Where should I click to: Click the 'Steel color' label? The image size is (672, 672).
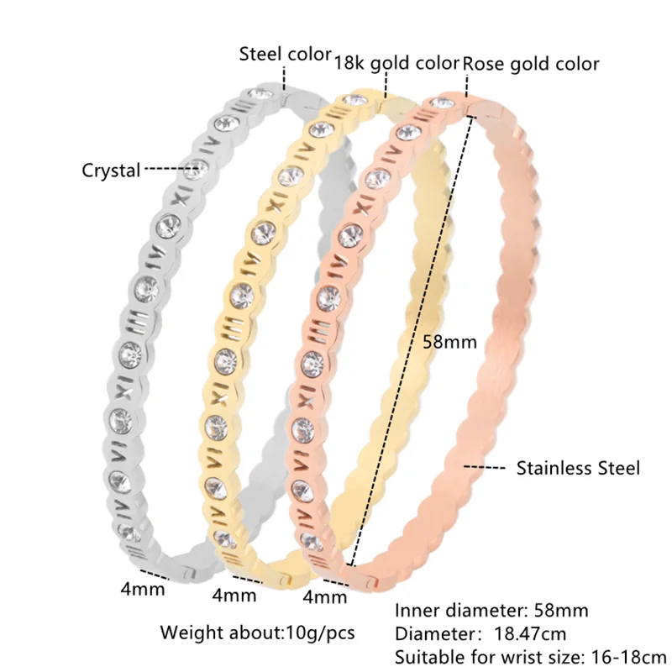click(x=286, y=55)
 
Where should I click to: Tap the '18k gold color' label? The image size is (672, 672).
click(x=396, y=63)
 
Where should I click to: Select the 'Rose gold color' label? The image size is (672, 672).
click(x=532, y=63)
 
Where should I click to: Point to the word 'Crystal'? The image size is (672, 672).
click(x=111, y=171)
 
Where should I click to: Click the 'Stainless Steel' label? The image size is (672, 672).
click(x=578, y=468)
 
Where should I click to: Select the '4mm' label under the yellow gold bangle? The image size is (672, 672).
click(x=234, y=596)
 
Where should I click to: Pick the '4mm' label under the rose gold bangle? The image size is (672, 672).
click(x=325, y=597)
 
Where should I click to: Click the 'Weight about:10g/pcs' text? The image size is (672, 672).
click(x=257, y=632)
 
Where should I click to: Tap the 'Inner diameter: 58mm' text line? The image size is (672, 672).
click(x=491, y=611)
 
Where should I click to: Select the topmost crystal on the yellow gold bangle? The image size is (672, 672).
click(x=358, y=102)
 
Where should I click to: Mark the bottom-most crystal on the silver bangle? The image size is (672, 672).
click(x=128, y=530)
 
